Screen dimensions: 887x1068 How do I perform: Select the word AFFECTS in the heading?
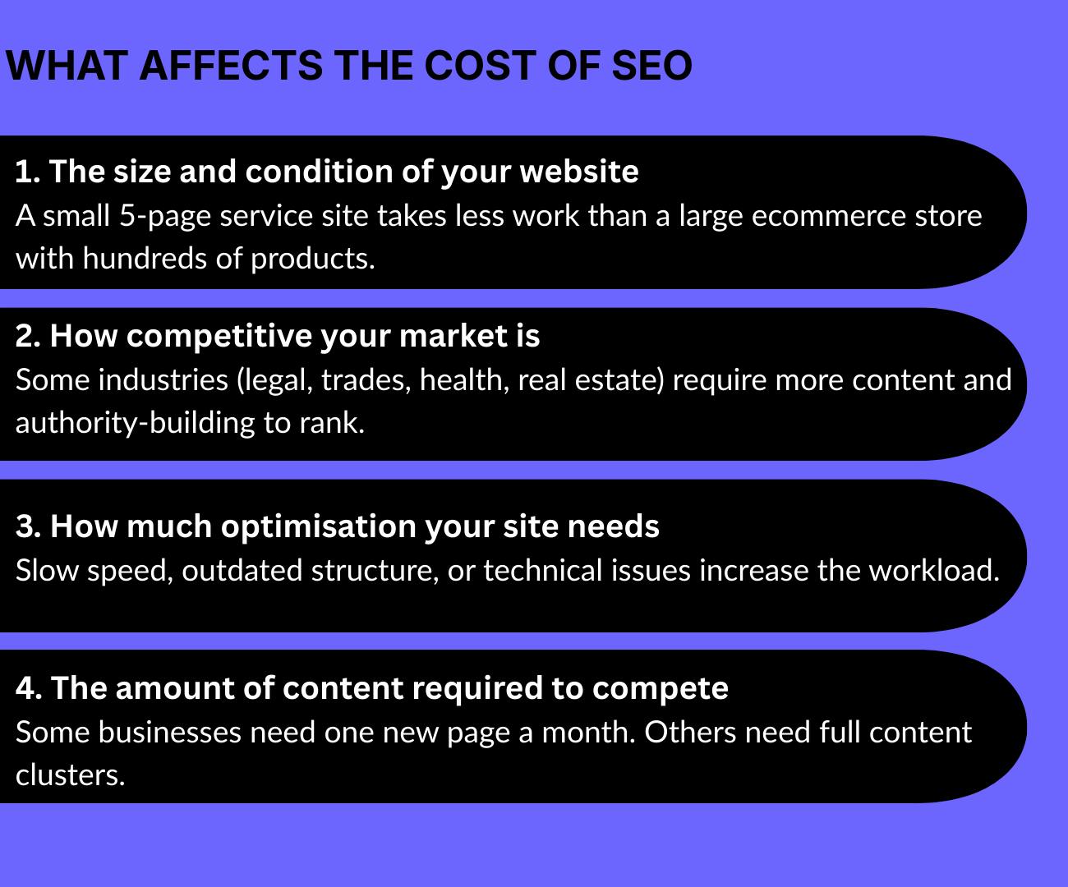pyautogui.click(x=231, y=66)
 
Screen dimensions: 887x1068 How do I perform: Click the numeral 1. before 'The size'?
pyautogui.click(x=28, y=172)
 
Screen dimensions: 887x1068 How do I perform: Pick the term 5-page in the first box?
pyautogui.click(x=163, y=216)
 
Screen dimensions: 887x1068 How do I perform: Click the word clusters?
pyautogui.click(x=70, y=774)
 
